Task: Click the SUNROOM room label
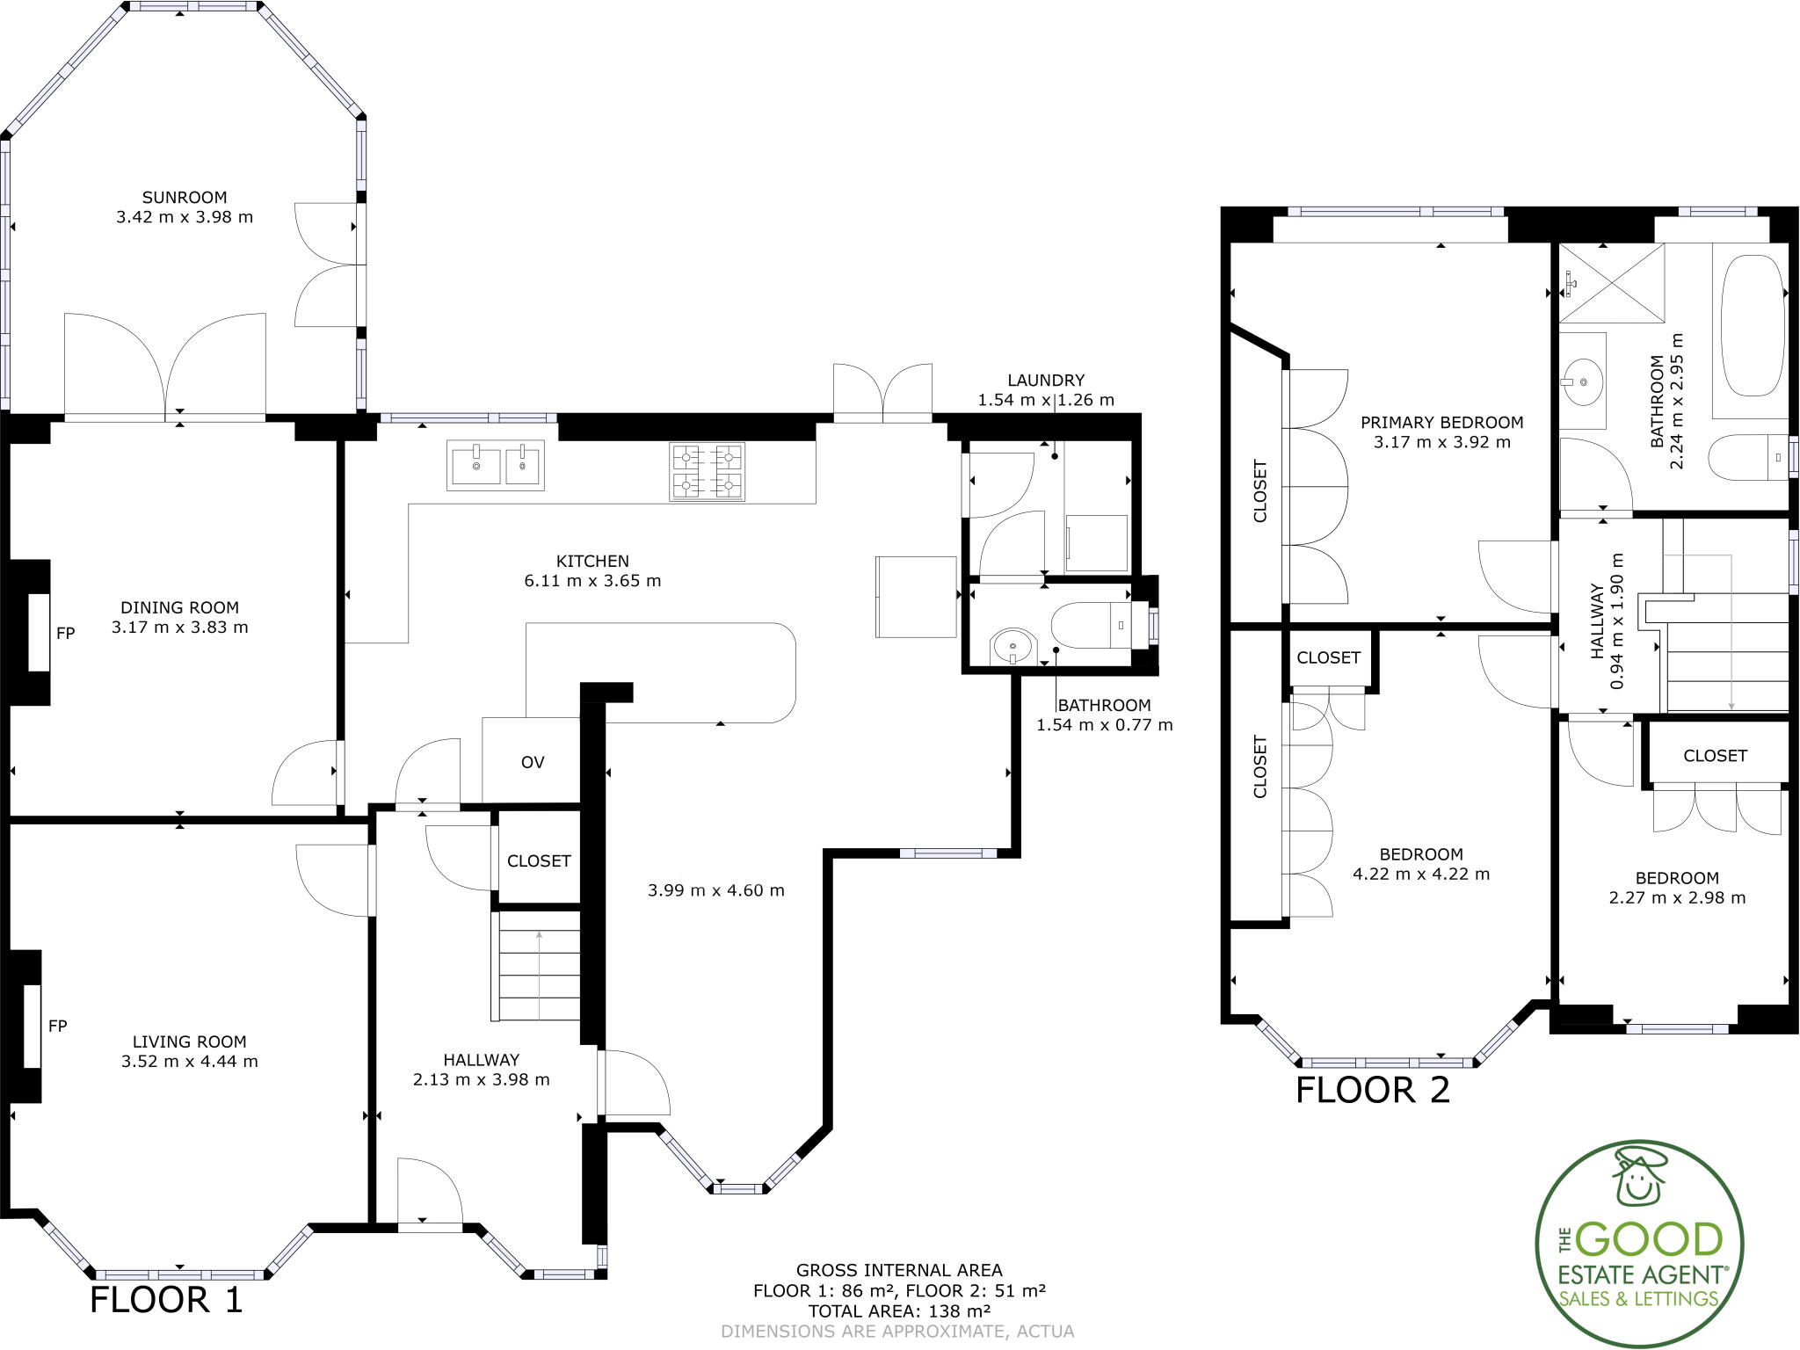185,198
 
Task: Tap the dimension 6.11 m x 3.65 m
592,581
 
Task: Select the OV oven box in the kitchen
533,762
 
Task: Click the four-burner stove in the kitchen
708,472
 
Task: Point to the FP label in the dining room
66,633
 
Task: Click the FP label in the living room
58,1026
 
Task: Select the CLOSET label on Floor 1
539,861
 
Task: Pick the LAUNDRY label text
1046,381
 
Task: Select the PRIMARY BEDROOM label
1441,423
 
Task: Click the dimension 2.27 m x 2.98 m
1677,898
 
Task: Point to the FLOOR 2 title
1372,1090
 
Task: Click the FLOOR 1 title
166,1300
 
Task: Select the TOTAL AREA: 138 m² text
899,1311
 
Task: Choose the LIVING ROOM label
189,1042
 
